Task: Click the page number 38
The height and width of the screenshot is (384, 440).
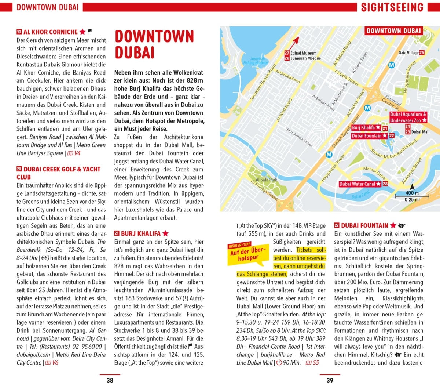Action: coord(110,380)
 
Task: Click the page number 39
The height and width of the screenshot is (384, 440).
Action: coord(330,380)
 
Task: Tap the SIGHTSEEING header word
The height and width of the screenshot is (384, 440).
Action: coord(392,7)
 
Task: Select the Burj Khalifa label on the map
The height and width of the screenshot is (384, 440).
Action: coord(363,128)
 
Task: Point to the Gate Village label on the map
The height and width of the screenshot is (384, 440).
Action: coord(408,53)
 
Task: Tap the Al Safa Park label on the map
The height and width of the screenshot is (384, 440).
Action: coord(266,180)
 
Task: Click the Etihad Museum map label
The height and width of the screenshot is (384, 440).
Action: coord(303,53)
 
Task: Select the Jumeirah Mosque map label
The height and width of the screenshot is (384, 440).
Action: coord(305,58)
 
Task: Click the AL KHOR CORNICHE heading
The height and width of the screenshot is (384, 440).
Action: coord(51,32)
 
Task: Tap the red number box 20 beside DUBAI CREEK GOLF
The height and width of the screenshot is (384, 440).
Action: coord(19,169)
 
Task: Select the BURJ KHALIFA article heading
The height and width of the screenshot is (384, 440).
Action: coord(141,233)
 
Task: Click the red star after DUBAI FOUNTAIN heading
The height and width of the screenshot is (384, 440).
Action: coord(393,225)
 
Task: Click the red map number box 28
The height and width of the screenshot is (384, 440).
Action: coord(385,184)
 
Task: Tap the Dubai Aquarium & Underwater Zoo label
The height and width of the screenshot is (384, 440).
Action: coord(408,117)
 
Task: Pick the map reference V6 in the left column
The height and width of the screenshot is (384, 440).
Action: coord(55,363)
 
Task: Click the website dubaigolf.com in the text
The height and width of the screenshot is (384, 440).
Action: coord(33,355)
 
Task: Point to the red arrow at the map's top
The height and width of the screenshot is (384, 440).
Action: coord(295,41)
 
